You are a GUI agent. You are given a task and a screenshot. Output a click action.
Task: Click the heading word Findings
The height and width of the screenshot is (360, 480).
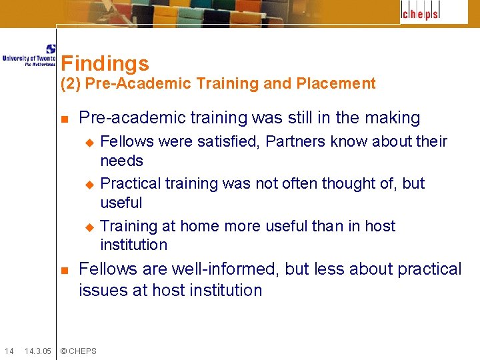pyautogui.click(x=105, y=63)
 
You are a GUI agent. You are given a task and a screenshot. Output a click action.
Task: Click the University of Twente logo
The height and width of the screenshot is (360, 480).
pyautogui.click(x=29, y=55)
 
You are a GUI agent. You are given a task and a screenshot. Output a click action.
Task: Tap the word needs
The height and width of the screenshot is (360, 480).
pyautogui.click(x=121, y=161)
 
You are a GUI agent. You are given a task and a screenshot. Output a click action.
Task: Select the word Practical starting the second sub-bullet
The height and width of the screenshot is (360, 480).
pyautogui.click(x=130, y=183)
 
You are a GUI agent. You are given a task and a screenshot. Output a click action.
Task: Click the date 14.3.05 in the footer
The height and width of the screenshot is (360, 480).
pyautogui.click(x=38, y=351)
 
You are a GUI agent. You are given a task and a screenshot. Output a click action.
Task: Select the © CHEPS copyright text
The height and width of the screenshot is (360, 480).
pyautogui.click(x=78, y=351)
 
